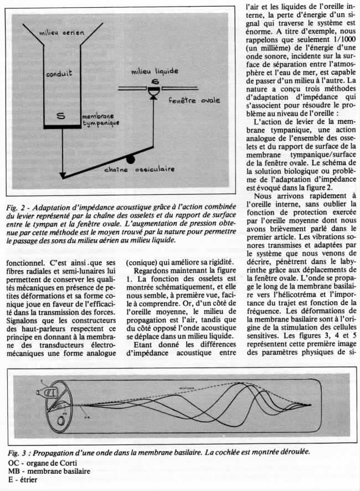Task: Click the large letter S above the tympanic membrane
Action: (61, 115)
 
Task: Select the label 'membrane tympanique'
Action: (98, 122)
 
